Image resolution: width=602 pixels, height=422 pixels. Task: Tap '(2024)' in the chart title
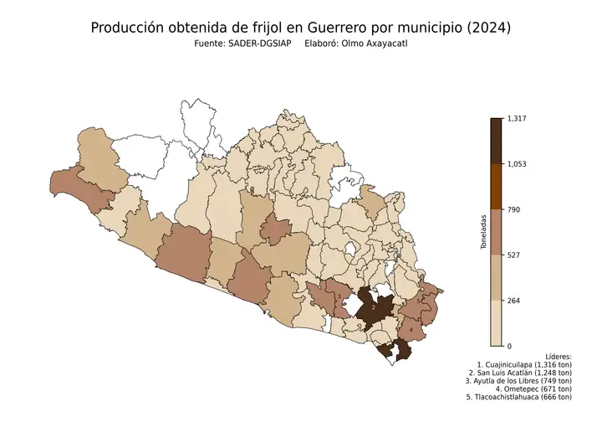pyautogui.click(x=487, y=28)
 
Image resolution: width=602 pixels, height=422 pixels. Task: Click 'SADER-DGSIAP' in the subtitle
pyautogui.click(x=259, y=44)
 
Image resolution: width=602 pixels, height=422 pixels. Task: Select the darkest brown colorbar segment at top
pyautogui.click(x=496, y=141)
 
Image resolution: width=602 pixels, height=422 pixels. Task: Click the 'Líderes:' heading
pyautogui.click(x=557, y=356)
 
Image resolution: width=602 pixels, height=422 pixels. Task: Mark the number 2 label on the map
pyautogui.click(x=373, y=308)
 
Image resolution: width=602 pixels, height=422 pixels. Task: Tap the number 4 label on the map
pyautogui.click(x=411, y=329)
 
